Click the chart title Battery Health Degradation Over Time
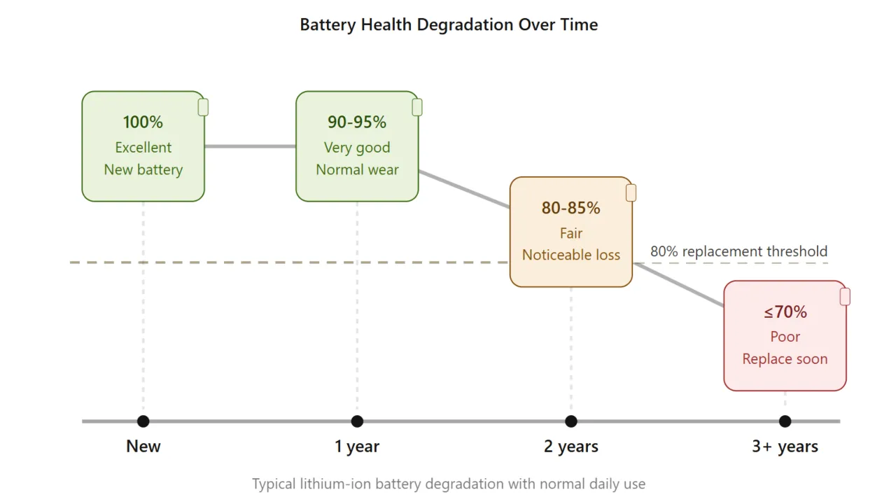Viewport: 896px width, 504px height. click(x=449, y=25)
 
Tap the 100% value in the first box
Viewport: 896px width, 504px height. click(x=143, y=122)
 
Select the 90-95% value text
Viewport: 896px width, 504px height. click(x=357, y=122)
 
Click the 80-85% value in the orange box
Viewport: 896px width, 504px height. click(x=570, y=208)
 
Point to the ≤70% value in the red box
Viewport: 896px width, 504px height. click(x=785, y=311)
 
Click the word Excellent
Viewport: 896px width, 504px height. click(x=143, y=148)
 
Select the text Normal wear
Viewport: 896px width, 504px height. click(x=357, y=170)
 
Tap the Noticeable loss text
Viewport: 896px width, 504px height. click(x=570, y=255)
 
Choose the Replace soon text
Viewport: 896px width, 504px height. click(x=785, y=359)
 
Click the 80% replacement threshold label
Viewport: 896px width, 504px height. click(x=738, y=251)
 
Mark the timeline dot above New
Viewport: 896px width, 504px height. click(x=143, y=421)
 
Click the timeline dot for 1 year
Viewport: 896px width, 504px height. click(x=357, y=421)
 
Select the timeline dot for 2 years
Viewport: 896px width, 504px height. click(x=570, y=421)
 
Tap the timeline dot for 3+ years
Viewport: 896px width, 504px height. click(x=785, y=421)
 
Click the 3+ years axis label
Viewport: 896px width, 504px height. click(x=785, y=447)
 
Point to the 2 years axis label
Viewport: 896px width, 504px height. click(x=570, y=447)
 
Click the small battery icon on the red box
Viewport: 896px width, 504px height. click(x=845, y=297)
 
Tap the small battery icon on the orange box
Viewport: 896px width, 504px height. click(x=631, y=193)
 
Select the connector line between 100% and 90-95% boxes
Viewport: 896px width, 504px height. click(x=250, y=146)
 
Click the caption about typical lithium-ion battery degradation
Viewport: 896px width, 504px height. click(x=449, y=484)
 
